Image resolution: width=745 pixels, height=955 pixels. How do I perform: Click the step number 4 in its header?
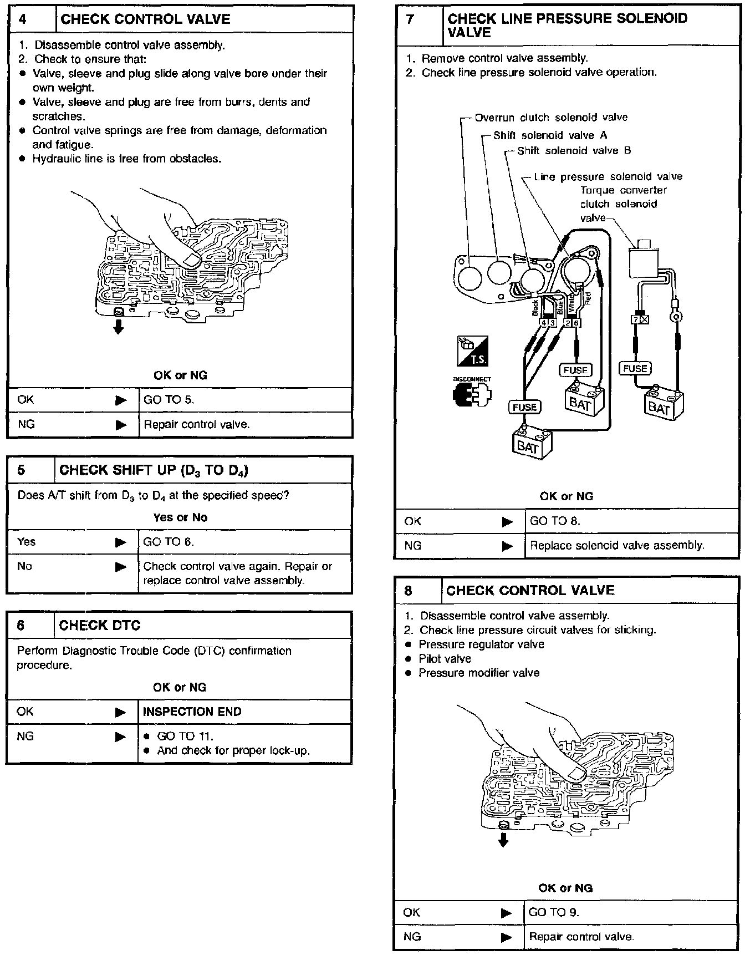pyautogui.click(x=23, y=19)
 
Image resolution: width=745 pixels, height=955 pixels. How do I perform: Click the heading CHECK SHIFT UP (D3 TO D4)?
pyautogui.click(x=154, y=470)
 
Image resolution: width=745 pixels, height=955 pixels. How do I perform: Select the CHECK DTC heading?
pyautogui.click(x=100, y=626)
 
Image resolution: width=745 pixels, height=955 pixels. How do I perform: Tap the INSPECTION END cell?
pyautogui.click(x=192, y=712)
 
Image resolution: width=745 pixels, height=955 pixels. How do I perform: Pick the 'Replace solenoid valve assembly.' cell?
pyautogui.click(x=617, y=545)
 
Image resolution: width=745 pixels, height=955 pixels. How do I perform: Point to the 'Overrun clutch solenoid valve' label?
pyautogui.click(x=551, y=118)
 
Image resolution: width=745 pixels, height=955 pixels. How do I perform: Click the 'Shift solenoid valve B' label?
pyautogui.click(x=574, y=151)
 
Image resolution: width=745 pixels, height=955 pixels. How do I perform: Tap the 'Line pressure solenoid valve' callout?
pyautogui.click(x=608, y=177)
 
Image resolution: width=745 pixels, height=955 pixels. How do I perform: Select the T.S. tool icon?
pyautogui.click(x=472, y=351)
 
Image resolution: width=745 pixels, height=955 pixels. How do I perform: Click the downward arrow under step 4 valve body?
pyautogui.click(x=118, y=324)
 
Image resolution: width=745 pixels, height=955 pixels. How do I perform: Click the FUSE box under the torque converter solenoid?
pyautogui.click(x=635, y=368)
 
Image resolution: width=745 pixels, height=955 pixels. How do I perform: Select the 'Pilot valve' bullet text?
pyautogui.click(x=445, y=659)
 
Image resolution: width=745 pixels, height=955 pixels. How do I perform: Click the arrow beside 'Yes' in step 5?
pyautogui.click(x=121, y=542)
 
